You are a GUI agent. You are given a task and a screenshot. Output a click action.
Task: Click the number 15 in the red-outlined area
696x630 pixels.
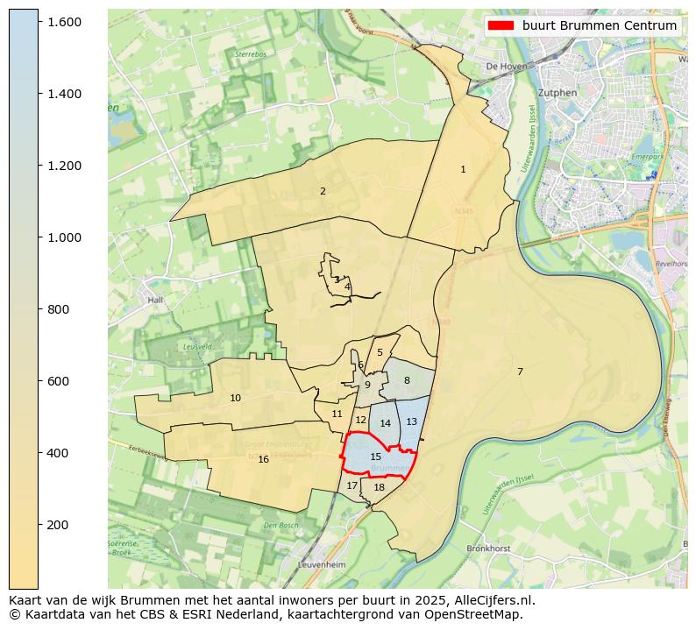375,457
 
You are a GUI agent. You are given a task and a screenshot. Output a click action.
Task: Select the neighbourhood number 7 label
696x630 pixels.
520,372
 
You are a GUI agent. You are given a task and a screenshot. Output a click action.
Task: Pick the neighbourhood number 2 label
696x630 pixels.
323,191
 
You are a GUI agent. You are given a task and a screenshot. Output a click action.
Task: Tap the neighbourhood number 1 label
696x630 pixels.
463,169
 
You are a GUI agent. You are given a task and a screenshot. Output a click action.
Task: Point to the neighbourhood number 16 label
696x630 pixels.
263,459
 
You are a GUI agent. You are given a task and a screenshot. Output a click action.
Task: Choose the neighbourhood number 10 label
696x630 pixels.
235,398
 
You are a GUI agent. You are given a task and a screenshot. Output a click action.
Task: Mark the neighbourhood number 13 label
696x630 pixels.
411,421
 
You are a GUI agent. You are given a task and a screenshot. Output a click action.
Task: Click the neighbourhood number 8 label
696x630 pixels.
407,380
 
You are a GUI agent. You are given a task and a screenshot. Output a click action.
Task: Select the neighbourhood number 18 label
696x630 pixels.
379,487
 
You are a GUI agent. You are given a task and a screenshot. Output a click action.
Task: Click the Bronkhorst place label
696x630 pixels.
488,549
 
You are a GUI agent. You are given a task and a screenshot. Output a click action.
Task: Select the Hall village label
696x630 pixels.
156,300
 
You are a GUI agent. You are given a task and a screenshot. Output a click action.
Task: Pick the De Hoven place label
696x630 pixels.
505,67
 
